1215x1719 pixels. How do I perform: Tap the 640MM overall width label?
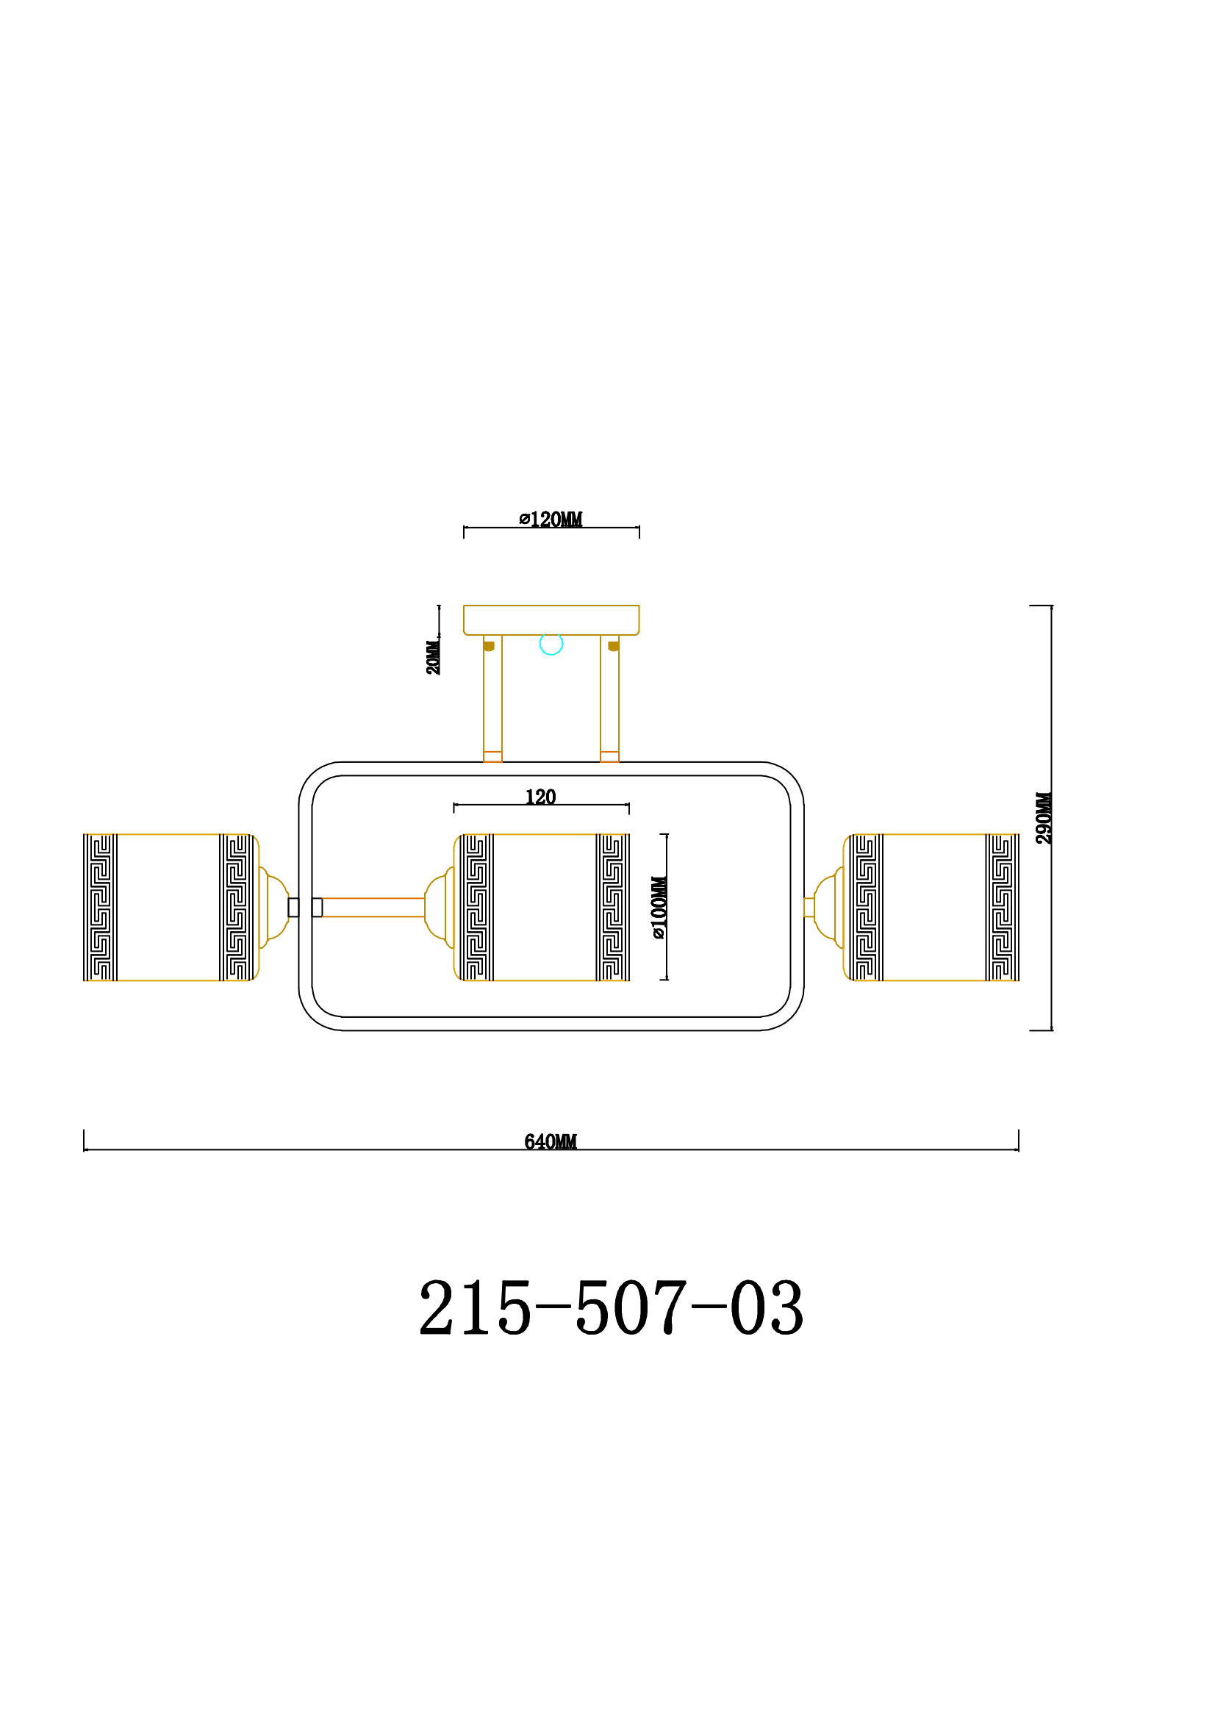coord(551,1142)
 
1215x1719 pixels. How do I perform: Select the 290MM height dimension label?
coord(1044,817)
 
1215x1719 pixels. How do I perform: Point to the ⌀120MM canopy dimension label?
coord(551,519)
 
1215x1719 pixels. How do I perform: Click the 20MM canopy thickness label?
coord(433,657)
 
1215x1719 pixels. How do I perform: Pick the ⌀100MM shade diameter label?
coord(659,908)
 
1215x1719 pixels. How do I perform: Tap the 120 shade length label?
coord(540,797)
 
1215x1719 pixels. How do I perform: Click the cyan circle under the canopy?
coord(551,644)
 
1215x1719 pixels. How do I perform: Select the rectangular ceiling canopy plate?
coord(551,620)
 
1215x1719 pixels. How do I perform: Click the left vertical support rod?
coord(492,698)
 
